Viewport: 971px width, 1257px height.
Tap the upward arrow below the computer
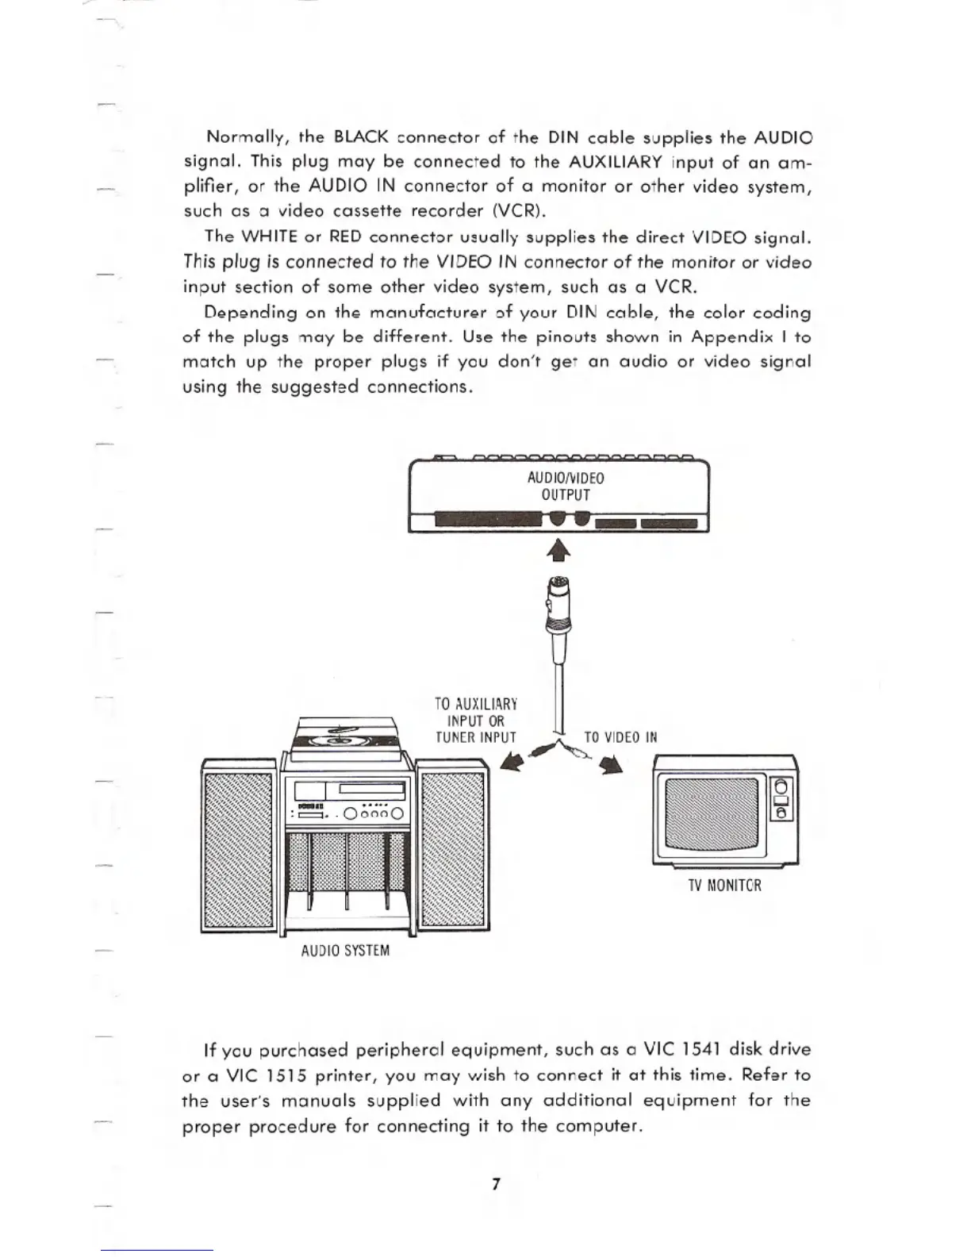(558, 549)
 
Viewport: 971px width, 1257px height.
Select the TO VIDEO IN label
(620, 736)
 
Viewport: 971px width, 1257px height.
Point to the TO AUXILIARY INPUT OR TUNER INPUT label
(476, 721)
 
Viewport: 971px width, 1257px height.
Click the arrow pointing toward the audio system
(514, 763)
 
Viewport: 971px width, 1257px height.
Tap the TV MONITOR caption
(724, 885)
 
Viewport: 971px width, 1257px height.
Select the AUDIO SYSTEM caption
(345, 950)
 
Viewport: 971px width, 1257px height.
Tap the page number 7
(496, 1185)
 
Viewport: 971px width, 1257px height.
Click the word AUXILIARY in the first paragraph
(616, 162)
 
